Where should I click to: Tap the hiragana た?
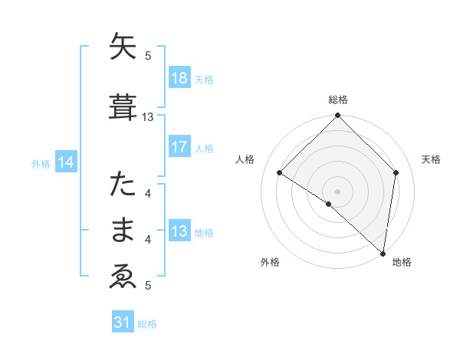pyautogui.click(x=123, y=185)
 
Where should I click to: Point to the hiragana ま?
pyautogui.click(x=123, y=231)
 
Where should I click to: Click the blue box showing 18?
pyautogui.click(x=179, y=78)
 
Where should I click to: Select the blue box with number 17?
pyautogui.click(x=179, y=147)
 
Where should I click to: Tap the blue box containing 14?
pyautogui.click(x=66, y=162)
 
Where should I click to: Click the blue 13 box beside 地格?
pyautogui.click(x=179, y=231)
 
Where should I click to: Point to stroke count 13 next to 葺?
pyautogui.click(x=148, y=117)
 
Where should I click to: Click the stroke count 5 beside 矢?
pyautogui.click(x=148, y=55)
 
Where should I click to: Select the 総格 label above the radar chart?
pyautogui.click(x=337, y=100)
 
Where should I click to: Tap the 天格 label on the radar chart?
pyautogui.click(x=431, y=159)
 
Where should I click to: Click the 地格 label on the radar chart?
pyautogui.click(x=402, y=262)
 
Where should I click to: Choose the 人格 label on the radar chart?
pyautogui.click(x=245, y=159)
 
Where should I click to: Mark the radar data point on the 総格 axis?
pyautogui.click(x=337, y=116)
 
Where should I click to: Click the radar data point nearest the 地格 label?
pyautogui.click(x=383, y=253)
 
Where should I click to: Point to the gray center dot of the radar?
pyautogui.click(x=337, y=191)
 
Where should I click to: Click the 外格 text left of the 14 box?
pyautogui.click(x=41, y=163)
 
